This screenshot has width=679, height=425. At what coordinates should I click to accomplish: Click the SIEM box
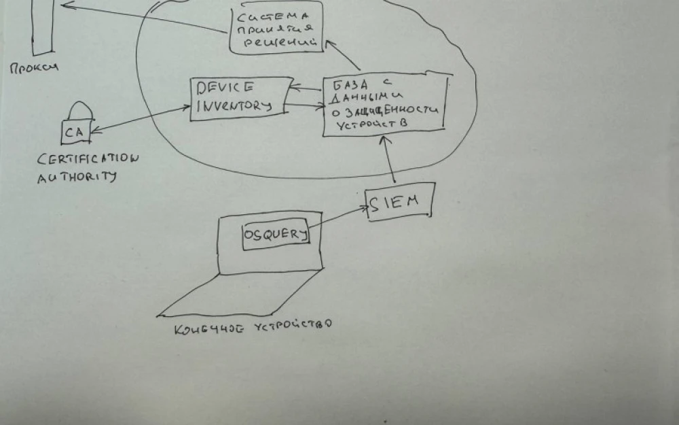point(399,203)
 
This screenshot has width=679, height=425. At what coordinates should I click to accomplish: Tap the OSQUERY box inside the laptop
point(276,235)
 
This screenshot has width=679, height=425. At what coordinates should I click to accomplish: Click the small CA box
point(75,132)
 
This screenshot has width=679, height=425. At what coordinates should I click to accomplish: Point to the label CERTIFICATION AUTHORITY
point(86,167)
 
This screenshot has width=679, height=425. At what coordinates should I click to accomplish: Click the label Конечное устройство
point(253,327)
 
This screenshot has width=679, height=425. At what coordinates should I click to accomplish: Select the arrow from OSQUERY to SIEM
point(338,218)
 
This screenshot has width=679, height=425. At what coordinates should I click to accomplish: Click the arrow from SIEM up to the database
point(390,160)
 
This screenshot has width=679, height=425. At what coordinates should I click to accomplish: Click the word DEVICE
point(225,86)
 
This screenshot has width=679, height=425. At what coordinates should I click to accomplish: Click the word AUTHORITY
point(77,177)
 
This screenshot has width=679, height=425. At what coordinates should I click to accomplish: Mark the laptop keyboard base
point(238,294)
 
